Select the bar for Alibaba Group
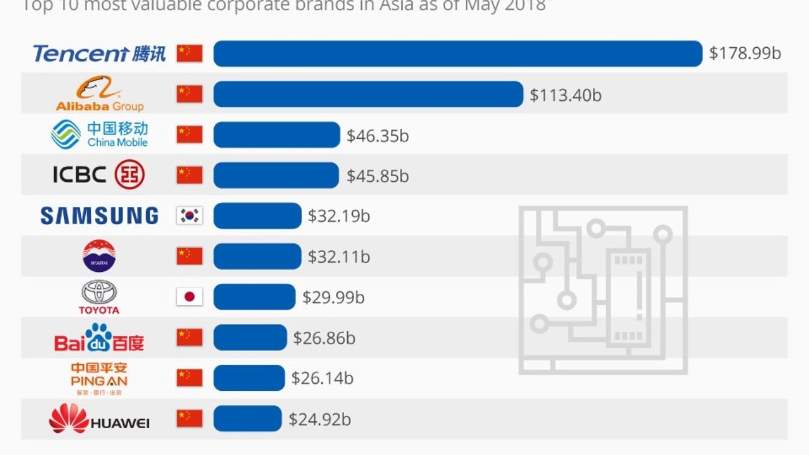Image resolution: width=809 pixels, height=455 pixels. click(368, 94)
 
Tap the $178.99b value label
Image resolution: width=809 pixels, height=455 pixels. click(745, 54)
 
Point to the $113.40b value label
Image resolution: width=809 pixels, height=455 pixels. click(566, 95)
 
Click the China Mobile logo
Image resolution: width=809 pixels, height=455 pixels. click(100, 134)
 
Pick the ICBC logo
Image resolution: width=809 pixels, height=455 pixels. click(98, 175)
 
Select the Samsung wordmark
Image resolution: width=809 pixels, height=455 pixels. click(100, 215)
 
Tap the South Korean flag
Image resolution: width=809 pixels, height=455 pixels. click(189, 215)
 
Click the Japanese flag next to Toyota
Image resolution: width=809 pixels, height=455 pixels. click(189, 297)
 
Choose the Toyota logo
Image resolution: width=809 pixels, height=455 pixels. click(99, 297)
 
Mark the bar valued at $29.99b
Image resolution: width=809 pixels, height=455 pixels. click(254, 297)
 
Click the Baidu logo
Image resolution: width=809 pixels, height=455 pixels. click(99, 337)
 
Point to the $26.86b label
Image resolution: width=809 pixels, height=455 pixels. click(324, 338)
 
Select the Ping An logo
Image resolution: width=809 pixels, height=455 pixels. click(99, 378)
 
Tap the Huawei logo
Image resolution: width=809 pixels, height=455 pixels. click(99, 419)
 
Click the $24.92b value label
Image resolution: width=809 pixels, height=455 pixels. click(319, 420)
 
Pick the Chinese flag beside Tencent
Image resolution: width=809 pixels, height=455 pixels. click(189, 54)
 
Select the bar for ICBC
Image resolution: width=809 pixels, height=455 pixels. click(276, 176)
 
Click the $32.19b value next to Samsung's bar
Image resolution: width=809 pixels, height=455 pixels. click(339, 216)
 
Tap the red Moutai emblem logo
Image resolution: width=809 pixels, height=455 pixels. click(99, 256)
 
